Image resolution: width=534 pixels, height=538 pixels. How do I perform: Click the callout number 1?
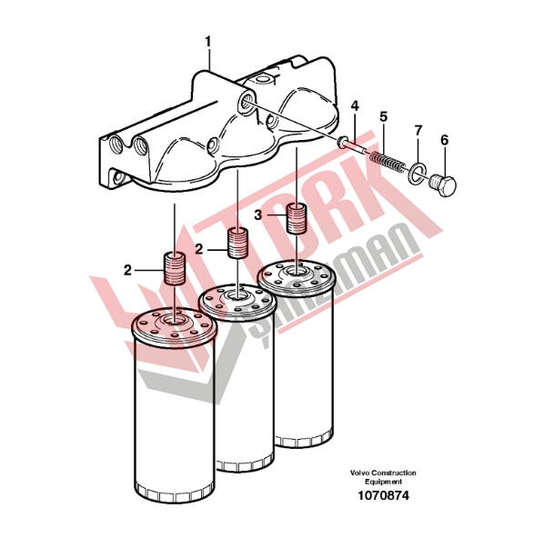coord(208,42)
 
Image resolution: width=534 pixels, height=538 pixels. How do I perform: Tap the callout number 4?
coord(355,105)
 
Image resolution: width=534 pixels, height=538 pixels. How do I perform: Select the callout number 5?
coord(383,116)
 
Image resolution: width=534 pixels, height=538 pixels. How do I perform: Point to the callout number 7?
coord(418,130)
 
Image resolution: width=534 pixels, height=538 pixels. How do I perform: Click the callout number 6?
coord(444,140)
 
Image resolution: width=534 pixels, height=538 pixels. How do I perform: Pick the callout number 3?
coord(257,215)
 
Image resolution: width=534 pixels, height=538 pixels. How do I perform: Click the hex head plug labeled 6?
coord(443,185)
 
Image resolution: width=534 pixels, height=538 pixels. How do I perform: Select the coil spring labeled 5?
coord(387,162)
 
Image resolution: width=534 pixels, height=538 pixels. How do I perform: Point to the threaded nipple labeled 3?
coord(297,218)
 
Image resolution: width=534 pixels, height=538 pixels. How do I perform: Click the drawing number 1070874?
coord(383,495)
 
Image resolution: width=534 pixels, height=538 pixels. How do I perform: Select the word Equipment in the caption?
coord(383,482)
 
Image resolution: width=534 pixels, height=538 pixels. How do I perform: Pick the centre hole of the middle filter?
coord(238,295)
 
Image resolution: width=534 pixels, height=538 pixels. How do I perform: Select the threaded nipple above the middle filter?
coord(238,243)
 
